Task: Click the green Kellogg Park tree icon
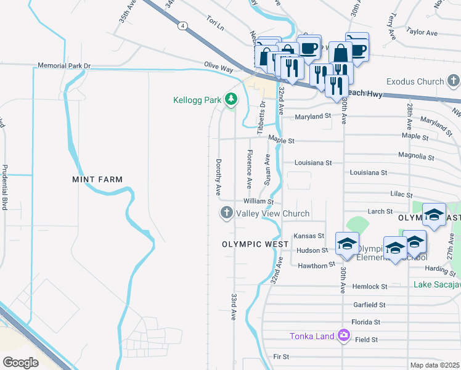[x=231, y=99]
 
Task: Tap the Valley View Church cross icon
[x=226, y=213]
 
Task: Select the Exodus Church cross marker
[x=454, y=81]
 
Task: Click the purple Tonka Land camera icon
[x=343, y=335]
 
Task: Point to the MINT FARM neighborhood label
[x=97, y=179]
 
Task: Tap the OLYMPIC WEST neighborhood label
[x=255, y=244]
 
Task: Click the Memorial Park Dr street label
[x=63, y=65]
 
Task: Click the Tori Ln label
[x=216, y=22]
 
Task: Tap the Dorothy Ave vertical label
[x=218, y=176]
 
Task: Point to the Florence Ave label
[x=250, y=169]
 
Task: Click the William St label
[x=258, y=201]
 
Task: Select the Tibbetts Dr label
[x=261, y=117]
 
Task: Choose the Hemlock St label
[x=370, y=287]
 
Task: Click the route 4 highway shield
[x=182, y=26]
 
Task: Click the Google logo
[x=20, y=362]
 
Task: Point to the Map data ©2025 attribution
[x=435, y=365]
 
